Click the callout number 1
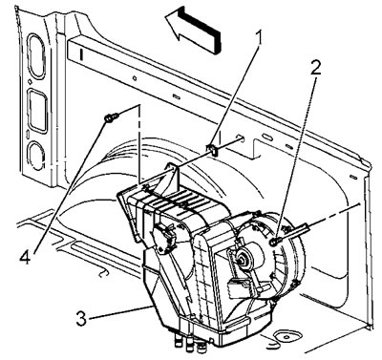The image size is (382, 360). (260, 38)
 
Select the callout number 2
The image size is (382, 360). (315, 68)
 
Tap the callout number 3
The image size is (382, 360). (81, 318)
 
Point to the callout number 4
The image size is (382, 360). (25, 256)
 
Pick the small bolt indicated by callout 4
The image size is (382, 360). (111, 117)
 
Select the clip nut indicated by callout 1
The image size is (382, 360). (212, 149)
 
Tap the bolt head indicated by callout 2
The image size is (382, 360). (274, 242)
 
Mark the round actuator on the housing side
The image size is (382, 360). (163, 237)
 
